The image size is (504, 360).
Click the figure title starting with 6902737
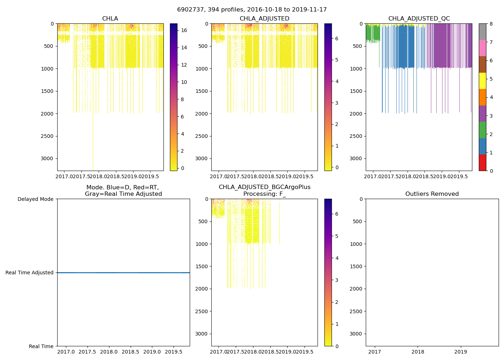[252, 10]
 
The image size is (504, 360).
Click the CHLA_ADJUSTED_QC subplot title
[419, 19]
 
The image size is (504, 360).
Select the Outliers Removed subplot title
[432, 194]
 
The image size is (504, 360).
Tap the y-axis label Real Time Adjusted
[30, 273]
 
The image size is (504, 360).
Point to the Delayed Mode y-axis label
[35, 199]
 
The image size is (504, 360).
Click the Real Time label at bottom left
[41, 346]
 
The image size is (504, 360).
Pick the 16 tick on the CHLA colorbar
[184, 31]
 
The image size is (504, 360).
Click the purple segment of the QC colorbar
[482, 113]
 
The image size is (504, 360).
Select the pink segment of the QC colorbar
[482, 48]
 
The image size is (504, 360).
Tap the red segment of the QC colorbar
[482, 162]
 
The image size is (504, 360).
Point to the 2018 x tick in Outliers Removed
[418, 352]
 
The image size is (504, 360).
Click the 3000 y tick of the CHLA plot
[48, 159]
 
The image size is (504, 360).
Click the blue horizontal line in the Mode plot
[123, 273]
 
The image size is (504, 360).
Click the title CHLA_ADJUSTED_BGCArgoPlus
[264, 187]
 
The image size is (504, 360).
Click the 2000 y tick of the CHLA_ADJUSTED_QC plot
[356, 114]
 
